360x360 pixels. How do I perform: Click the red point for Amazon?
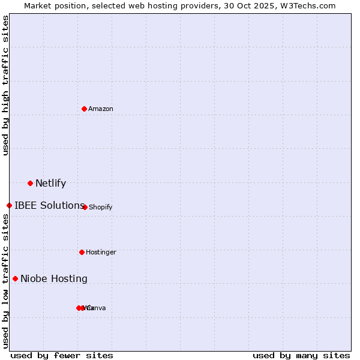(85, 109)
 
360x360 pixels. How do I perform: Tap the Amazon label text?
(101, 109)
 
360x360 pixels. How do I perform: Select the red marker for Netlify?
(30, 183)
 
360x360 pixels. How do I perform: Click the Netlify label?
(50, 184)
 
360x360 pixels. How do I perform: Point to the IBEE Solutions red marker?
(9, 205)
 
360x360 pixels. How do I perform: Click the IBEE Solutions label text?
(49, 205)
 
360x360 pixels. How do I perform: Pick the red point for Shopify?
(85, 207)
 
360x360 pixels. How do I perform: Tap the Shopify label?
(101, 208)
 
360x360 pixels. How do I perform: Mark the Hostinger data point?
(82, 252)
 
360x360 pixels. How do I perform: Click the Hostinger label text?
(101, 253)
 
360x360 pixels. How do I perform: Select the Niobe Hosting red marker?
(15, 278)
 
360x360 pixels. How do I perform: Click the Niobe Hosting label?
(54, 278)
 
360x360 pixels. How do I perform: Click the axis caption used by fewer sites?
(62, 356)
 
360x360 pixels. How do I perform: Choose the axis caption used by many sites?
(301, 356)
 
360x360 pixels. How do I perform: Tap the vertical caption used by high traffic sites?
(5, 85)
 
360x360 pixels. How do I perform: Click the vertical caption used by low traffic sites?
(5, 281)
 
